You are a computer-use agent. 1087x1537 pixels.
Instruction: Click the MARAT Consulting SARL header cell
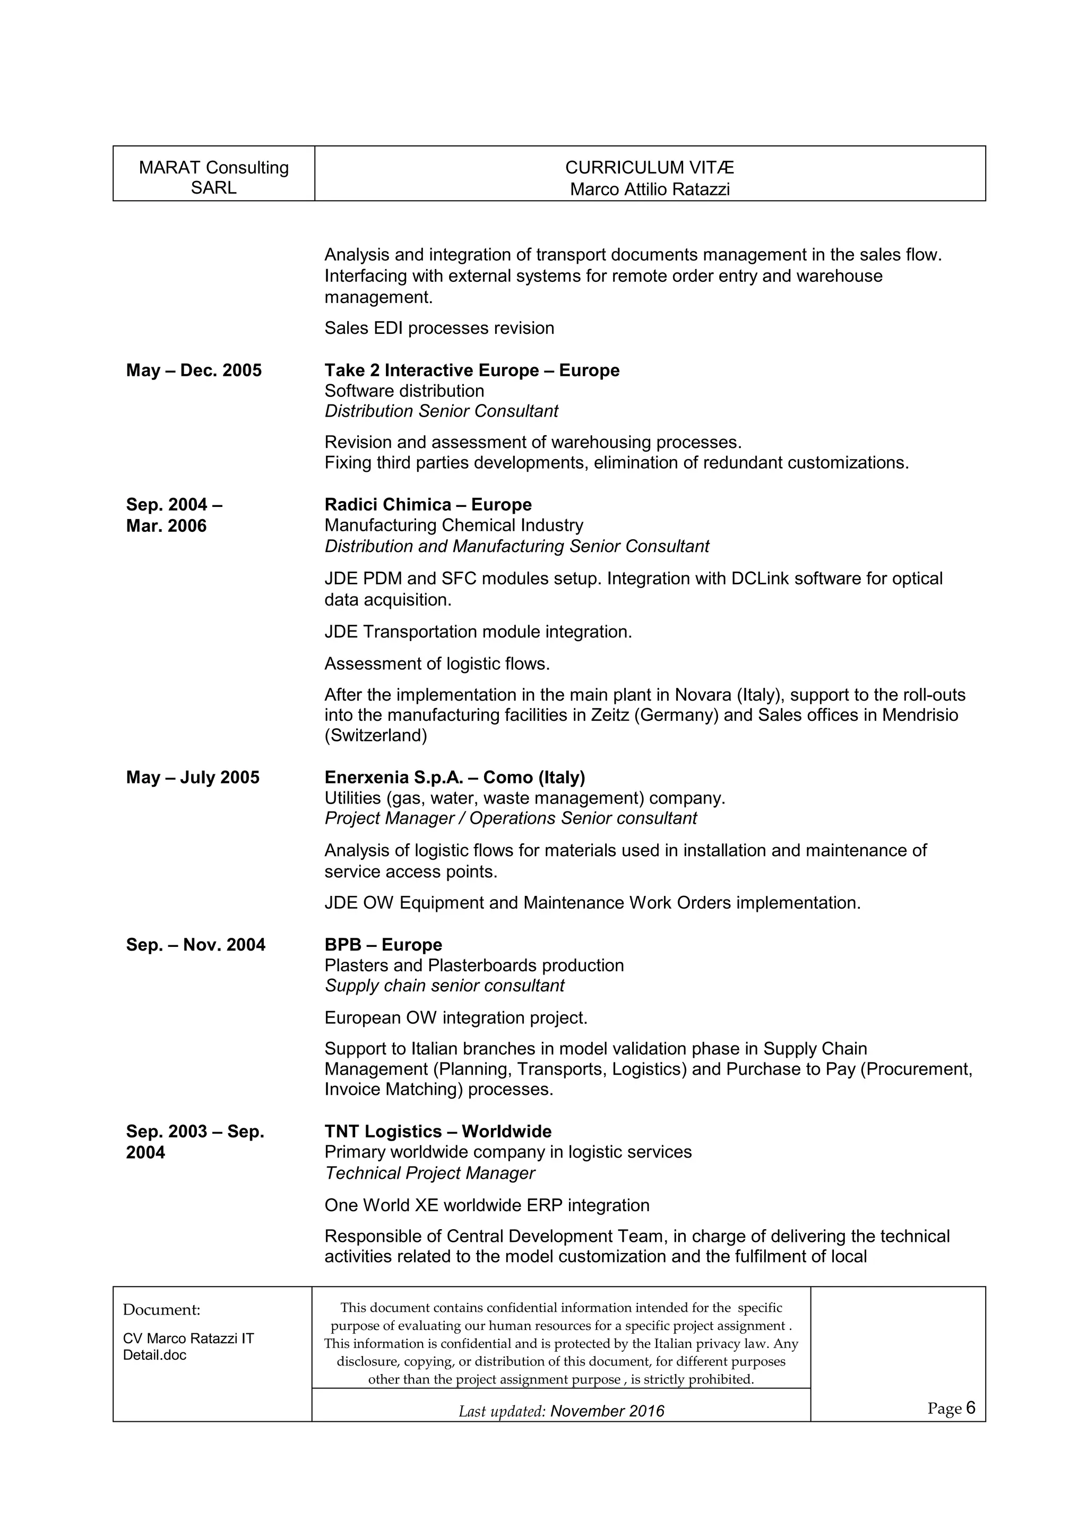(x=213, y=177)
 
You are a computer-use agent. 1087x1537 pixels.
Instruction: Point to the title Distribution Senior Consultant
(x=441, y=411)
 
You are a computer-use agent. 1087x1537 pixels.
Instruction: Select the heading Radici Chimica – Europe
(x=428, y=505)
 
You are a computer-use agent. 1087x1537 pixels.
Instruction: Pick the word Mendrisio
(x=920, y=715)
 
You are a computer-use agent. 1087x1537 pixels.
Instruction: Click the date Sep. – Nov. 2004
(x=195, y=945)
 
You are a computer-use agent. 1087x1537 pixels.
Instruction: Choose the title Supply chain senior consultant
(x=444, y=986)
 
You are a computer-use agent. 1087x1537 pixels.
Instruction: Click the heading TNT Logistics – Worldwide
(x=438, y=1132)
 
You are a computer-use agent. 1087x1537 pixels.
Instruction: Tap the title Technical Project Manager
(x=430, y=1173)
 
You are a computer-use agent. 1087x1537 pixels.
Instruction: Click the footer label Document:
(x=161, y=1309)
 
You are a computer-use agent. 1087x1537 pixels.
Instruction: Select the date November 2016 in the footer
(x=607, y=1411)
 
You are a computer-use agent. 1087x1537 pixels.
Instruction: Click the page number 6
(x=971, y=1409)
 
